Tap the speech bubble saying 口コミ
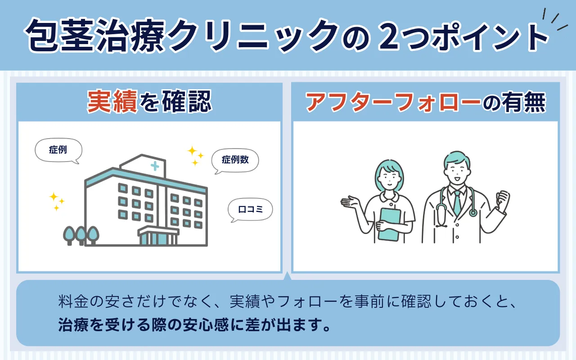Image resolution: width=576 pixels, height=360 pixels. (250, 209)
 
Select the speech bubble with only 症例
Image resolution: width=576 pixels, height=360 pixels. (58, 150)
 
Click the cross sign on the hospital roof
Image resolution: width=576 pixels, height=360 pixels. (155, 166)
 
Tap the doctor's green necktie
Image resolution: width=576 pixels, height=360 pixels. (457, 203)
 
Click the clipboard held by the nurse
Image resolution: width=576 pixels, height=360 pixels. (389, 224)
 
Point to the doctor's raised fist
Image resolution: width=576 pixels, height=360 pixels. (503, 199)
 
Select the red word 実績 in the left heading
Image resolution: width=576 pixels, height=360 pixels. (112, 101)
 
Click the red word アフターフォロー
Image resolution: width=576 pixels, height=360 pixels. (393, 102)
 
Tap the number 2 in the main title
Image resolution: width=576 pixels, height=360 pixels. (389, 36)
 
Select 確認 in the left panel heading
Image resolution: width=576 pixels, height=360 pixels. (187, 101)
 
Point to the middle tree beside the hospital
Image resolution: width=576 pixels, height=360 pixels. (81, 235)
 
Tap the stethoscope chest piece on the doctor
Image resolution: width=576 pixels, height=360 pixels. (473, 213)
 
